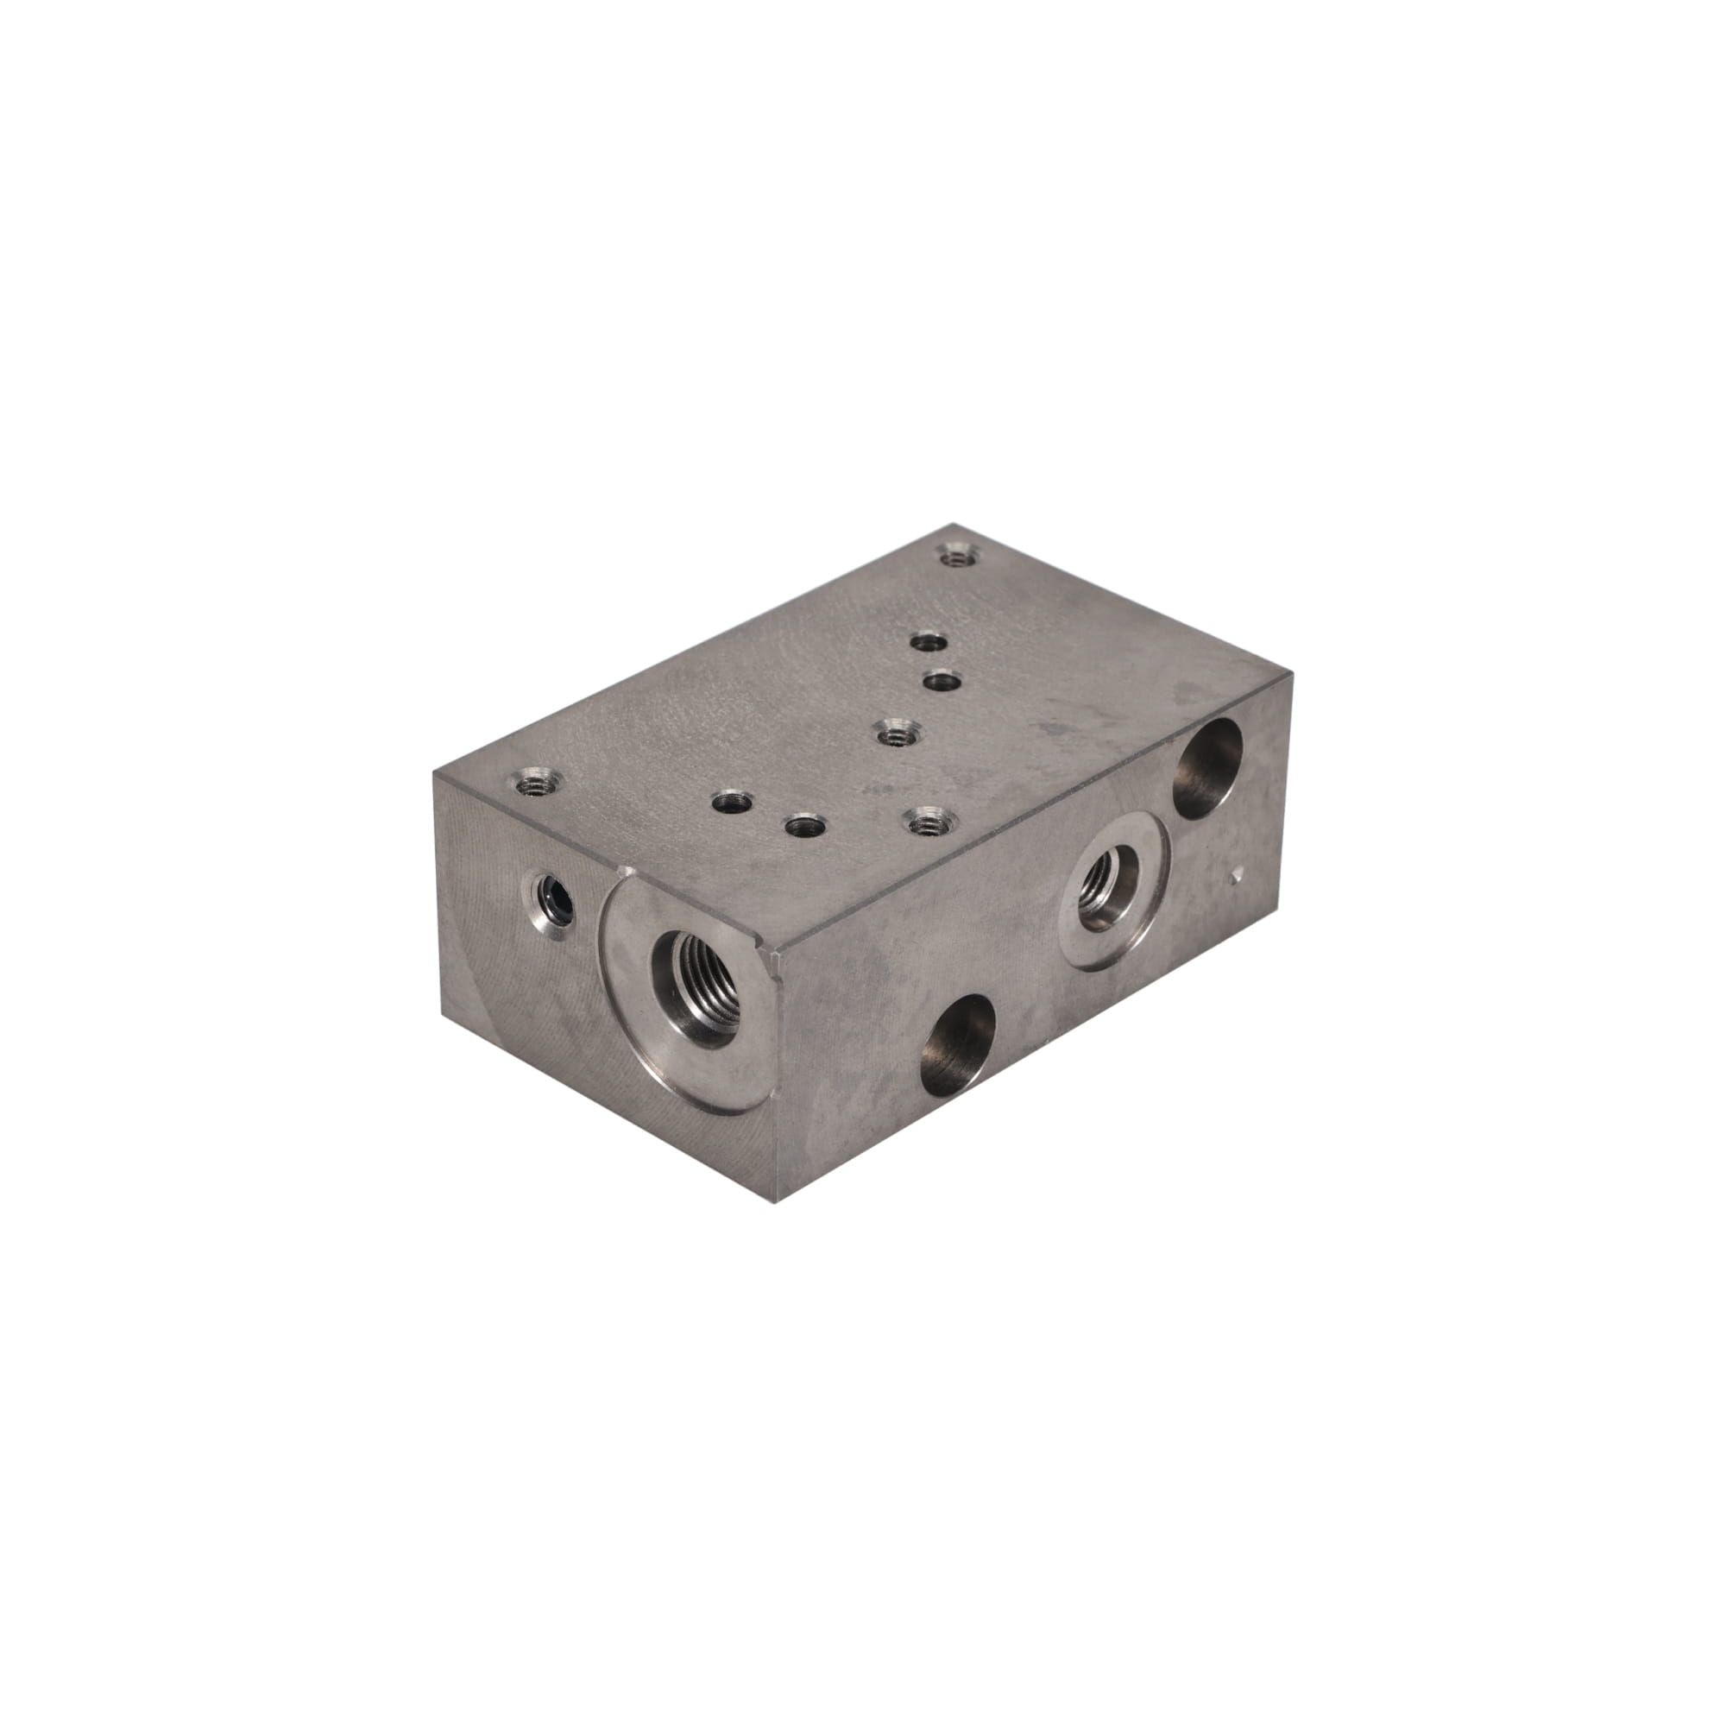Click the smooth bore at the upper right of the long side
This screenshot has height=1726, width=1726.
click(x=1208, y=767)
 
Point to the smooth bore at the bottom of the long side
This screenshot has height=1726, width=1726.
click(x=958, y=1032)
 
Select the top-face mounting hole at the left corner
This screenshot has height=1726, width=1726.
click(x=534, y=784)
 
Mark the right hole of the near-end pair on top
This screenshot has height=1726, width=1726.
click(x=802, y=824)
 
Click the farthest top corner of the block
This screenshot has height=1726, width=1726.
click(x=953, y=525)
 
